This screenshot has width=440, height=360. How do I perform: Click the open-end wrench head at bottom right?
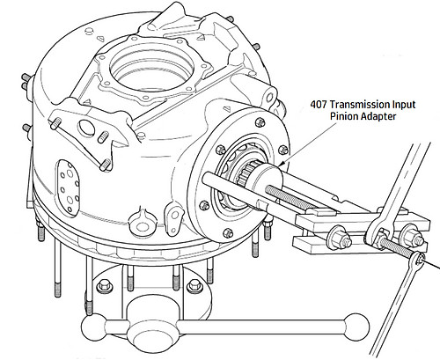click(415, 256)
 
